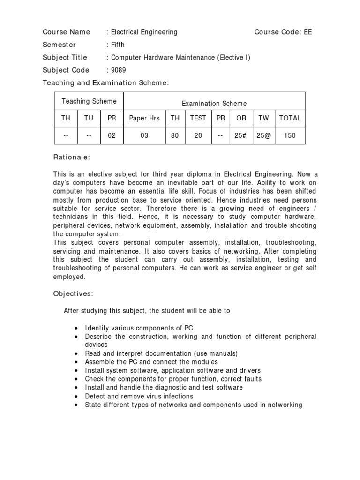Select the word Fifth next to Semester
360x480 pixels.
[118, 45]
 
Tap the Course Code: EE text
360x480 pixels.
[283, 32]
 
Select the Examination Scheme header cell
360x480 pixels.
[214, 104]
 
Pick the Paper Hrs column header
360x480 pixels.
[144, 119]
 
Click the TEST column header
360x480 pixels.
[198, 119]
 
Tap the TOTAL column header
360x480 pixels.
[290, 119]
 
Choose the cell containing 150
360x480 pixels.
[290, 135]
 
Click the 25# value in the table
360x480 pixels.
[241, 135]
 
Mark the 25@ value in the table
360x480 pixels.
[264, 135]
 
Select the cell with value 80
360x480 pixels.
[175, 135]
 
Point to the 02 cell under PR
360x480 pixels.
[112, 135]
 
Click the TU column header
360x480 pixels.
[89, 119]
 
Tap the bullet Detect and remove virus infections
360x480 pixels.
[139, 396]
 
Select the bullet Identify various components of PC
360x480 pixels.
[139, 328]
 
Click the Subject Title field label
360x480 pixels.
[65, 58]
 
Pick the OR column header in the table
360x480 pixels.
[241, 119]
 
